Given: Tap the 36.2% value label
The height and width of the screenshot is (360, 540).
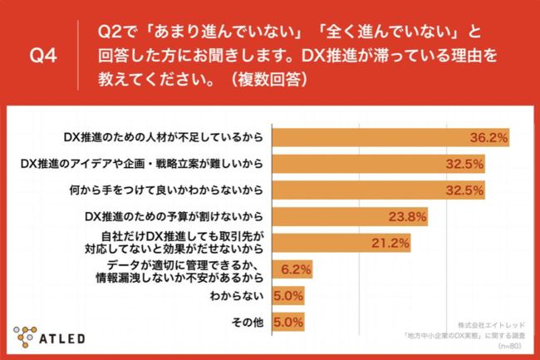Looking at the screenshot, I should [488, 137].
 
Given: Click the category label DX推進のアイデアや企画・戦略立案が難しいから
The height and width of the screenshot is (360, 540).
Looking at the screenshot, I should [141, 164].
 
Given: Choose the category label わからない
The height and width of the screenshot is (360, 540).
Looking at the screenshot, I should [242, 294].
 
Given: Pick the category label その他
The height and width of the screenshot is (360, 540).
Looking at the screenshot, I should [248, 321].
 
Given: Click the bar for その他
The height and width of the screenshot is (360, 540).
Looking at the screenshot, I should [287, 321].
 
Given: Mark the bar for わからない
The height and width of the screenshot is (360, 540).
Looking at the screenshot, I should [287, 294].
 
